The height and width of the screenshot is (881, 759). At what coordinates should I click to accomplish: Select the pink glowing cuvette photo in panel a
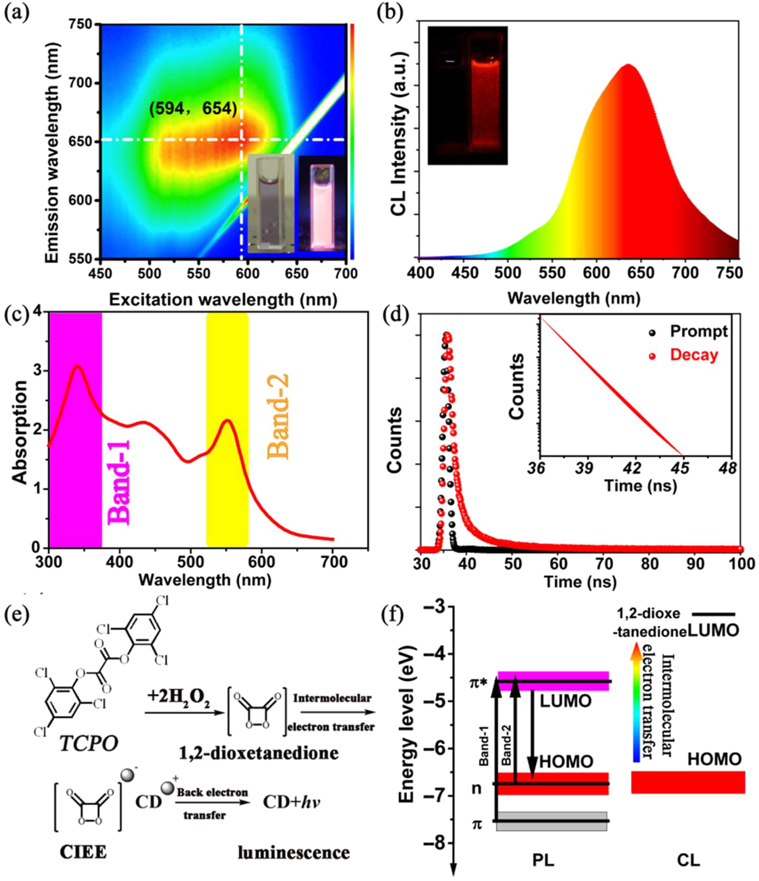[321, 204]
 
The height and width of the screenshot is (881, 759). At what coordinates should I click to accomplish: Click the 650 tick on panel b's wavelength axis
[641, 272]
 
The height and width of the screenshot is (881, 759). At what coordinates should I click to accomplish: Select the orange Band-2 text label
[278, 417]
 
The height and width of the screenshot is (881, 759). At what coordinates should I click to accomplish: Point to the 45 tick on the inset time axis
[680, 468]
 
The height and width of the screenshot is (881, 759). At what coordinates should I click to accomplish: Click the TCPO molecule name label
[89, 743]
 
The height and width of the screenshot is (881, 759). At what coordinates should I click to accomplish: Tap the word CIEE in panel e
[83, 852]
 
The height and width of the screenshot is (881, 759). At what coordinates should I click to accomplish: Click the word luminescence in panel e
[293, 852]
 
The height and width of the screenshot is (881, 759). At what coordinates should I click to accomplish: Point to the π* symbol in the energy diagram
[479, 682]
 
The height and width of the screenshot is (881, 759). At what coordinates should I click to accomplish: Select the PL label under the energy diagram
[542, 860]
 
